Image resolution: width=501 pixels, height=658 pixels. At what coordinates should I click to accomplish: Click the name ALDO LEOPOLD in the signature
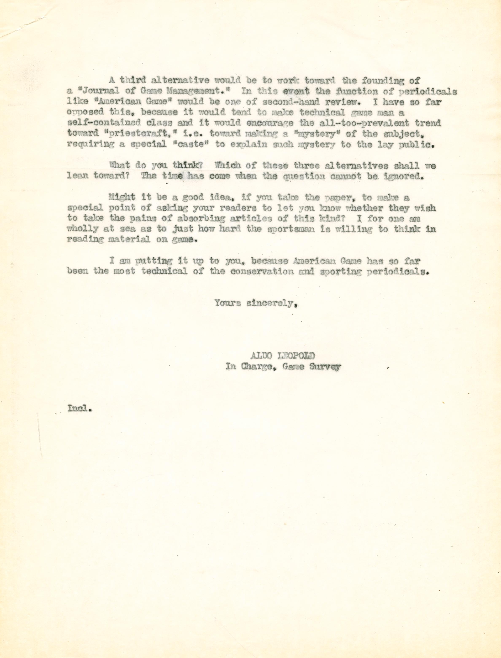pos(282,355)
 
